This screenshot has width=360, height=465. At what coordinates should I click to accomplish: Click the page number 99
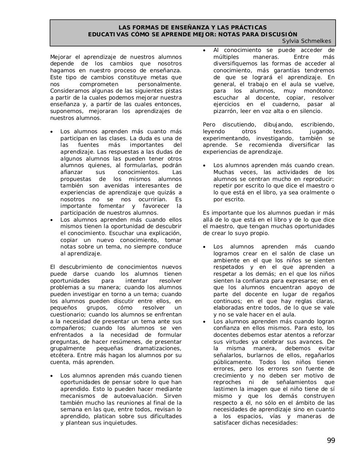331,441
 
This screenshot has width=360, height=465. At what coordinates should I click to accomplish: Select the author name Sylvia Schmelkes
306,41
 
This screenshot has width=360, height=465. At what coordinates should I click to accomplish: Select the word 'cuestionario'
68,315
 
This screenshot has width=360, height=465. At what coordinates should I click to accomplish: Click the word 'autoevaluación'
130,396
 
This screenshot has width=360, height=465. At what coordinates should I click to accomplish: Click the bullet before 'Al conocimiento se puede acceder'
205,50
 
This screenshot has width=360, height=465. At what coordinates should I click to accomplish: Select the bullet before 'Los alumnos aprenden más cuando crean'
205,166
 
